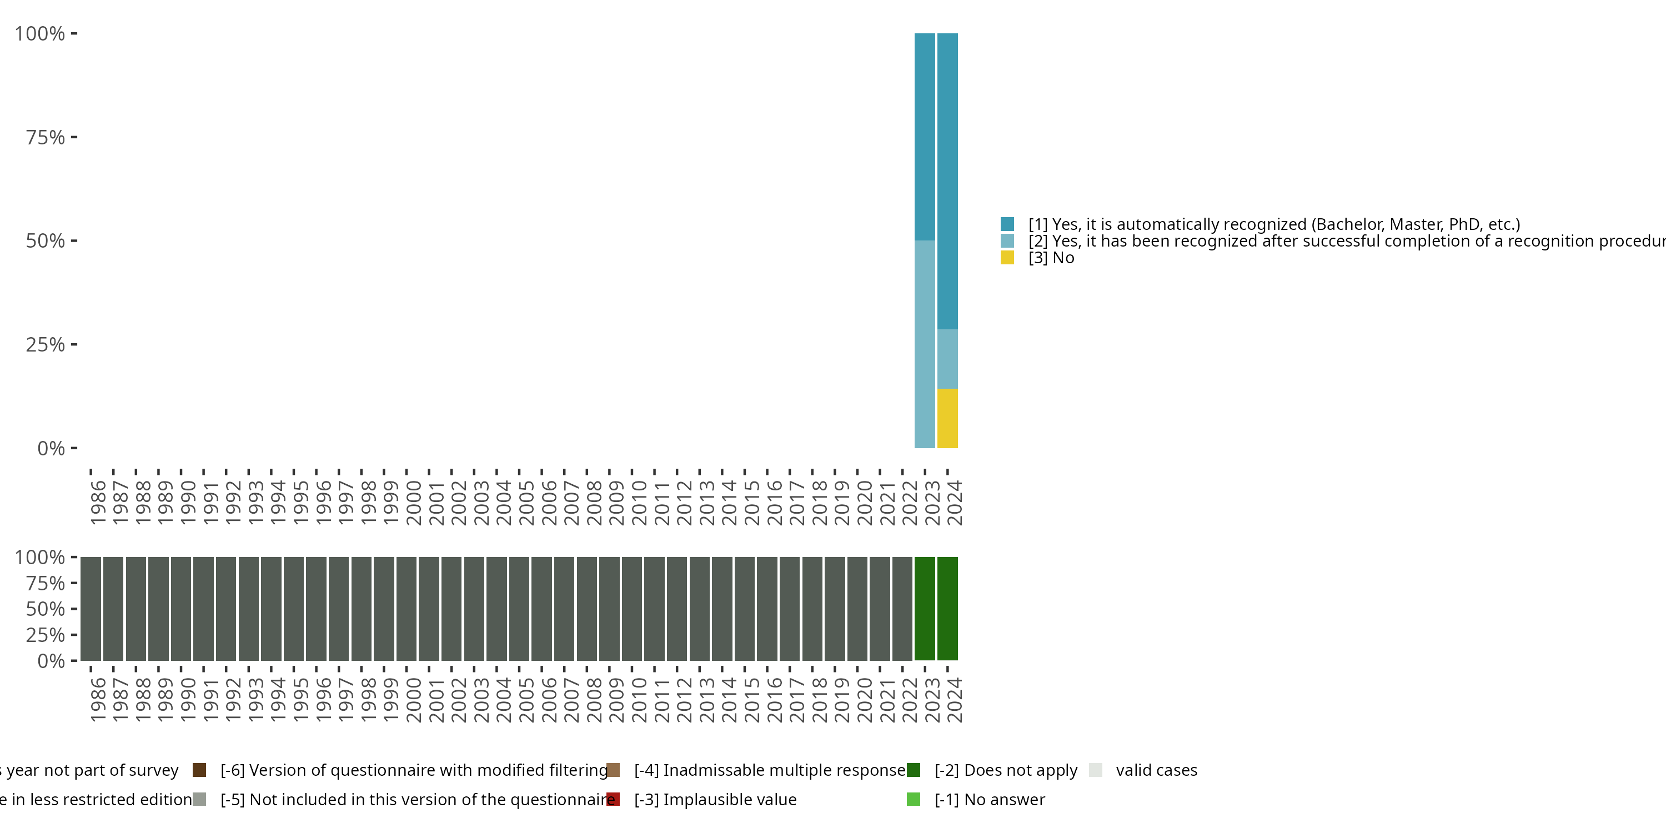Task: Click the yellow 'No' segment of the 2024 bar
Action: pos(947,418)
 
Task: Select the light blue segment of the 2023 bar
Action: pos(925,344)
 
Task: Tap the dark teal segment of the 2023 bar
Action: pos(925,137)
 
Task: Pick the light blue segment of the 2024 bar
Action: pos(947,359)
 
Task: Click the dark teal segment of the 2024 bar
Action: pos(947,181)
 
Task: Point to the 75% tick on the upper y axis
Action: pos(74,137)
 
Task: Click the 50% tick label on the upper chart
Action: pos(46,241)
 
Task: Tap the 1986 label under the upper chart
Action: pos(98,503)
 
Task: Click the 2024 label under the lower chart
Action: pos(955,700)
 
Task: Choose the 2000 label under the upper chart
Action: pos(414,503)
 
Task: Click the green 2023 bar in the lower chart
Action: pos(925,609)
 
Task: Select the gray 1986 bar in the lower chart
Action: pos(91,609)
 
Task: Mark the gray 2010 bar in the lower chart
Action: pos(632,609)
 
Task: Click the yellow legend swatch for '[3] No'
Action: pos(1007,258)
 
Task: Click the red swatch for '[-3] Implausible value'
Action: pos(613,799)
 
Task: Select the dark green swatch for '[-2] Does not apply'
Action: pos(913,770)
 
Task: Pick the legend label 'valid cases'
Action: pos(1156,770)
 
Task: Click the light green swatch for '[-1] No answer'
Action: pos(913,799)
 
